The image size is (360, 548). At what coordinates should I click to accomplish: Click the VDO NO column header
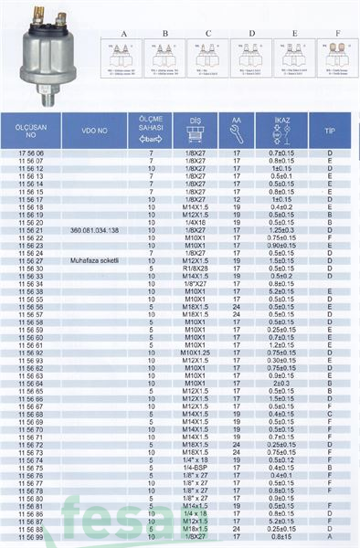(95, 132)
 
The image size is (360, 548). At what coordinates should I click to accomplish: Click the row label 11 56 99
(31, 538)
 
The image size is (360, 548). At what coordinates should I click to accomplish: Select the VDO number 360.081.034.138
(95, 232)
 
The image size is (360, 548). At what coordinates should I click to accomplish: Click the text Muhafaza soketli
(95, 260)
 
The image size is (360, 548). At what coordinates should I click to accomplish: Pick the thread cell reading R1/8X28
(194, 269)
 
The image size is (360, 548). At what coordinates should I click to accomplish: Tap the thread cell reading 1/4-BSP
(194, 468)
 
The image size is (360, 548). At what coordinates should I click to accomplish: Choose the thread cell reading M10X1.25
(194, 353)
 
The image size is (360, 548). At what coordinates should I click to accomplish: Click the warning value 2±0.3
(281, 383)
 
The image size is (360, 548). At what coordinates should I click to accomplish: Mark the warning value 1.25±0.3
(281, 232)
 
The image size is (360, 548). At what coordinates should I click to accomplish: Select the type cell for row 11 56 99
(329, 538)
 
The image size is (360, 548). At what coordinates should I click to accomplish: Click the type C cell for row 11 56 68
(329, 414)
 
